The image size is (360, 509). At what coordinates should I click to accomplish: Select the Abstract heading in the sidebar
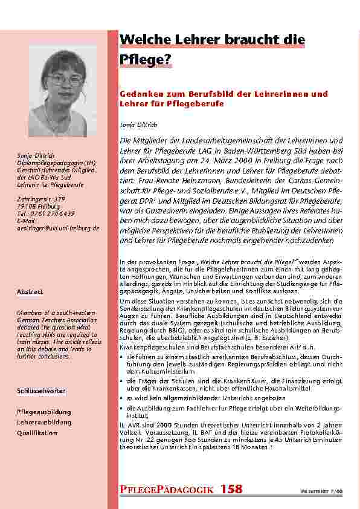(30, 292)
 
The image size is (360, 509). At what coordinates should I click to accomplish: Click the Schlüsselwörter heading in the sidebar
(42, 392)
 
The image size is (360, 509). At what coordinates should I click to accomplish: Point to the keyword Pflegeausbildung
(43, 412)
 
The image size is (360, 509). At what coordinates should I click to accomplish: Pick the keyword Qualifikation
(37, 433)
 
